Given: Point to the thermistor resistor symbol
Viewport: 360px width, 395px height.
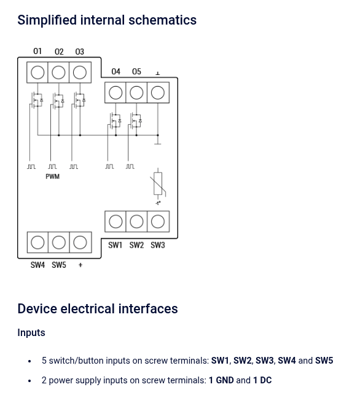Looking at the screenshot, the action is click(158, 184).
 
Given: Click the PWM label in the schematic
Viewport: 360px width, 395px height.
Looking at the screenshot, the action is click(53, 176).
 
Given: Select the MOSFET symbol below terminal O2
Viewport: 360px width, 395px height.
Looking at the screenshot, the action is click(58, 100).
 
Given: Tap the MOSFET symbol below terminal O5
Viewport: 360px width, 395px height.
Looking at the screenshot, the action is click(136, 120).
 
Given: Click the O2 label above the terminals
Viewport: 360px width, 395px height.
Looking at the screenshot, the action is click(59, 52).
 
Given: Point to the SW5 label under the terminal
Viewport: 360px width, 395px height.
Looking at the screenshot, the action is click(59, 265).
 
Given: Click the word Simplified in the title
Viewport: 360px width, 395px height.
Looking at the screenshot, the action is click(47, 20).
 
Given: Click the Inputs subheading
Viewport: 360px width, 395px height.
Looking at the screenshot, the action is click(31, 333).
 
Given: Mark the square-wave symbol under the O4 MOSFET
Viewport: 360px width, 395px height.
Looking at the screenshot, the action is click(109, 166).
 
